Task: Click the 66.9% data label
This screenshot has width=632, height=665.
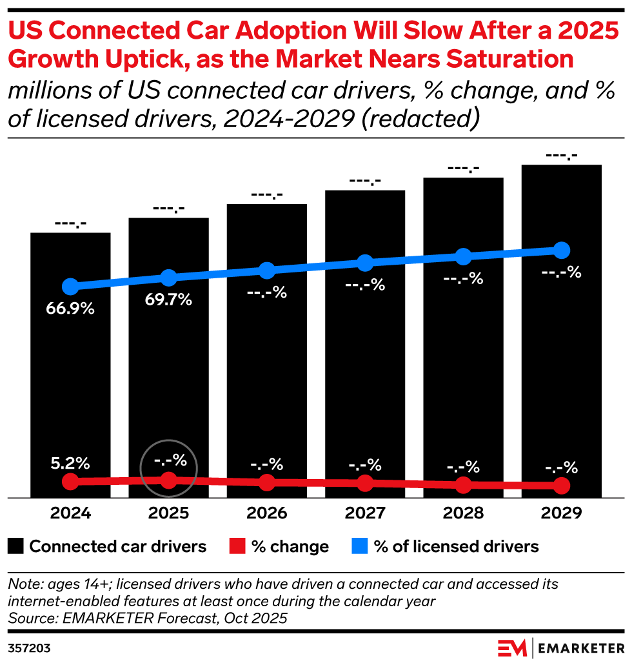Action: point(70,308)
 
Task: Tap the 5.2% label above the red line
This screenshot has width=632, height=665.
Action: point(70,463)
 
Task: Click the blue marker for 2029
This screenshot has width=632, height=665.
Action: point(562,250)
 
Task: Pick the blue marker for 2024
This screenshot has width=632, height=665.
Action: point(70,287)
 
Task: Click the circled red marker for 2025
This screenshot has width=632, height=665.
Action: point(168,480)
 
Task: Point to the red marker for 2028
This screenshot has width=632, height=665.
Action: point(463,484)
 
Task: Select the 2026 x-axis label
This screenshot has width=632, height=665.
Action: point(266,513)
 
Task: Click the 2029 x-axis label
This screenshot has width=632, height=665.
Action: point(562,513)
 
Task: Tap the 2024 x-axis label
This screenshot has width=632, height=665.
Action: point(70,513)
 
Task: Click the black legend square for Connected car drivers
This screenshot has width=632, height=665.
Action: point(16,547)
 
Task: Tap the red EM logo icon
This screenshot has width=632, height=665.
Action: point(512,648)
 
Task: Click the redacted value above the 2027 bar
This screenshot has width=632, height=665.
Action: point(365,181)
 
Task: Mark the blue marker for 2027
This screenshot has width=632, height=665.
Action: point(365,263)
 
